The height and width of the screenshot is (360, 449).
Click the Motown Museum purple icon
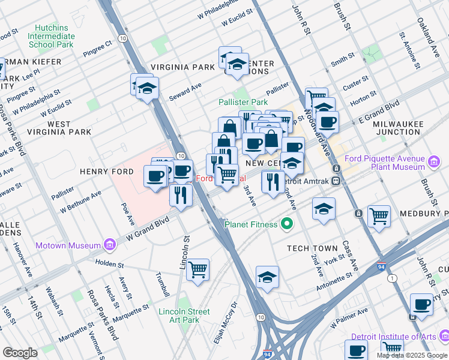pos(109,245)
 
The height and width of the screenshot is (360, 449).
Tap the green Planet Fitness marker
pos(288,224)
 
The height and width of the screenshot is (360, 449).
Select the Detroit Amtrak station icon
pos(336,181)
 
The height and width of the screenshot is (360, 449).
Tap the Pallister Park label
pos(243,103)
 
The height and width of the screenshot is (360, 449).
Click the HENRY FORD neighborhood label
pos(106,172)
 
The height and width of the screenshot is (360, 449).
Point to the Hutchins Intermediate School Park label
pos(51,36)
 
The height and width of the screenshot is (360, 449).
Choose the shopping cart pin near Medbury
pos(379,215)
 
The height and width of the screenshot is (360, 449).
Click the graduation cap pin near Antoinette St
pos(267,277)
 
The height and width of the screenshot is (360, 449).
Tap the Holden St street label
pos(108,264)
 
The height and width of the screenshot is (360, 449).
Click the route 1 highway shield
pos(392,278)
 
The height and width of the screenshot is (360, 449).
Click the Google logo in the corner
pos(20,352)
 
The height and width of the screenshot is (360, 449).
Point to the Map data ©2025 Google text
pos(412,355)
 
